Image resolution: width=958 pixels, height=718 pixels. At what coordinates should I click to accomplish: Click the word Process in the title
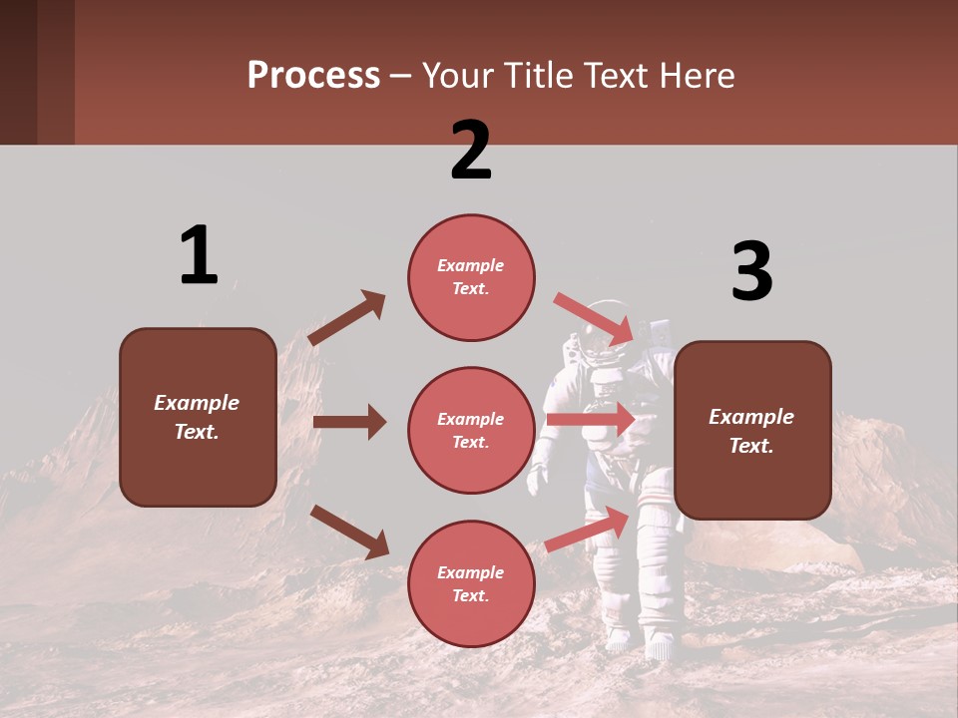[313, 76]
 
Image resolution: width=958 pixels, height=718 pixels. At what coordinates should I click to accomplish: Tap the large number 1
[199, 255]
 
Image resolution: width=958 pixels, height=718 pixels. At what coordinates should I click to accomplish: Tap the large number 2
[471, 151]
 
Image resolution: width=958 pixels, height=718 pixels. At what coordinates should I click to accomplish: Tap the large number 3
[751, 272]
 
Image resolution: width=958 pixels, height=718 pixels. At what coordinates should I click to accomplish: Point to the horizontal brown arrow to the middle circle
[349, 422]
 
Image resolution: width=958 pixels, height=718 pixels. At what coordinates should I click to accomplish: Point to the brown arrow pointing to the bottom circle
[350, 532]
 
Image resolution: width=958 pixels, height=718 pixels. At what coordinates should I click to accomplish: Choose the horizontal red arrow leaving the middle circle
[591, 420]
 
